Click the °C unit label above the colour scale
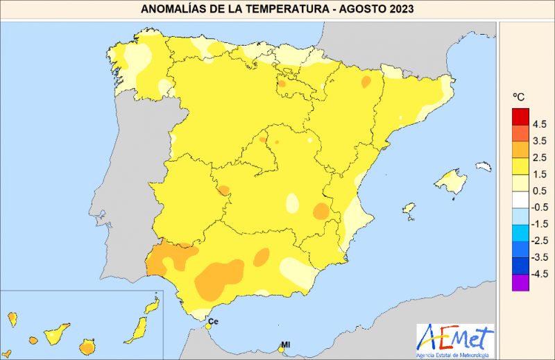tap(518, 96)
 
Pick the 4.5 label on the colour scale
tap(540, 125)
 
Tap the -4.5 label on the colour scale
tap(539, 274)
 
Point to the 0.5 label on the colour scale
tap(540, 191)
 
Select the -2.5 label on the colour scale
tap(539, 241)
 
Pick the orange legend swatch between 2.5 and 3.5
tap(520, 149)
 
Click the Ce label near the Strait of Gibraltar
tap(214, 321)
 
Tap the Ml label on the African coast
tap(285, 344)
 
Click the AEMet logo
tap(455, 341)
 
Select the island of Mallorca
tap(452, 183)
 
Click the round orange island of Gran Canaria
tap(87, 346)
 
